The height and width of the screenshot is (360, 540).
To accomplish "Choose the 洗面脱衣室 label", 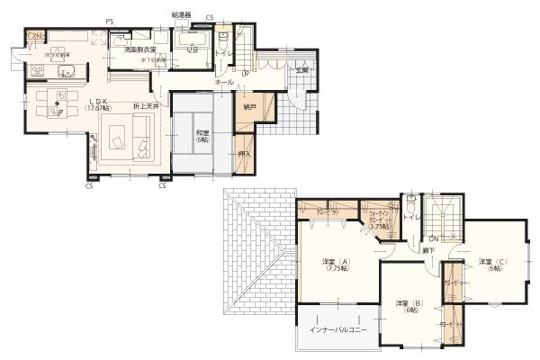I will tap(140, 49).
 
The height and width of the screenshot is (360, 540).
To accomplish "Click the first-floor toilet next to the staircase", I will tap(221, 38).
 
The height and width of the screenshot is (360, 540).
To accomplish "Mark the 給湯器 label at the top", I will tap(182, 15).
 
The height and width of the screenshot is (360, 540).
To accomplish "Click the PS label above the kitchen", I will tap(109, 20).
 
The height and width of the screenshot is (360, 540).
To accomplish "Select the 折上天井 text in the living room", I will tap(148, 107).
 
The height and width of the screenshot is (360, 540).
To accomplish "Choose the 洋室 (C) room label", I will tap(493, 265).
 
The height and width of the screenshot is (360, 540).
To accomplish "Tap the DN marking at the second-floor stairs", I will tap(433, 238).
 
